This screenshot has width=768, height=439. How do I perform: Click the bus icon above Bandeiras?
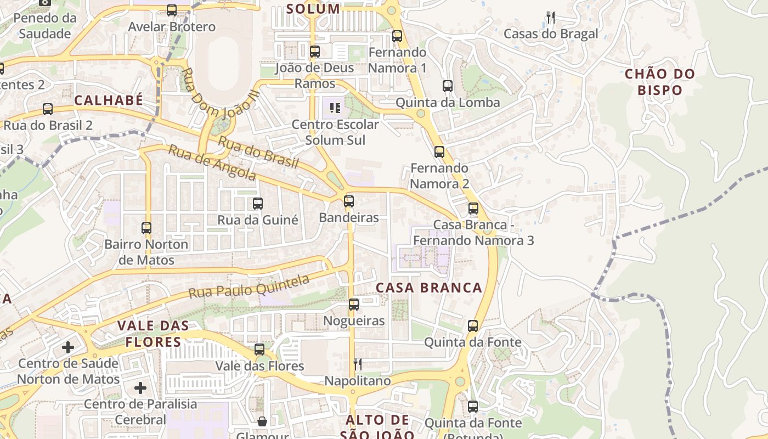349,201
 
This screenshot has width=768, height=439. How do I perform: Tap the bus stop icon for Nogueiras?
354,304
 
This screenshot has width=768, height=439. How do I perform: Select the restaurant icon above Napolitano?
358,364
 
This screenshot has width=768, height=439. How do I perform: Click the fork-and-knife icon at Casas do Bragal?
550,18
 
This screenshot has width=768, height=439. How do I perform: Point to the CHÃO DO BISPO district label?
660,82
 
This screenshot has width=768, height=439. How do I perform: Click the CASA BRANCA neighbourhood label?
429,288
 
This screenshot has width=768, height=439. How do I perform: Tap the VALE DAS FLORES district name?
153,334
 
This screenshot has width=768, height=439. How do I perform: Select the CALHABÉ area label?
109,100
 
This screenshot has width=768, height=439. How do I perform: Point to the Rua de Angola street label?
212,162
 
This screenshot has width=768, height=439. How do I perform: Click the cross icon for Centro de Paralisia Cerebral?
140,388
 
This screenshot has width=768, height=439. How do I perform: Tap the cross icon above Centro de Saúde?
68,347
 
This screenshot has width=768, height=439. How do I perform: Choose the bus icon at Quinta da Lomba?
448,86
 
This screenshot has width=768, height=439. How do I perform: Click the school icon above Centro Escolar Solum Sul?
335,108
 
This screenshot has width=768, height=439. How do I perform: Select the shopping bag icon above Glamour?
262,421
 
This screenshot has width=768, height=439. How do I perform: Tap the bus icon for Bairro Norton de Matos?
146,228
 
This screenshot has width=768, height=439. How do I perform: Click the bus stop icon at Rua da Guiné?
258,204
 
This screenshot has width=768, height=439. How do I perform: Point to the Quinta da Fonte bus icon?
473,326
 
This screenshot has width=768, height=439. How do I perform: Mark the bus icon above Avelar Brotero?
172,10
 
